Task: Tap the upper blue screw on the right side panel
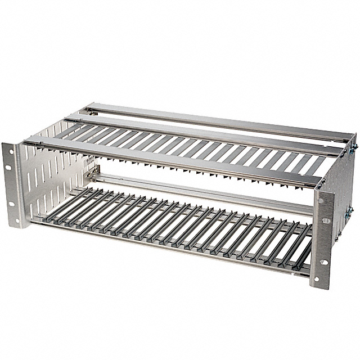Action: (x=354, y=147)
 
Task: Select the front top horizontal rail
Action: (x=169, y=160)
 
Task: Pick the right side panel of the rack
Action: (x=344, y=186)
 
